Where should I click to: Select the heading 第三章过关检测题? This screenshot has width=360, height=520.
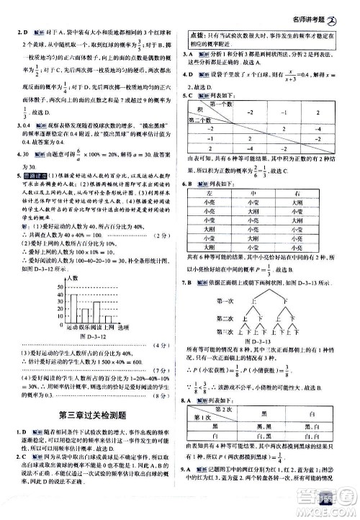coord(91,413)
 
